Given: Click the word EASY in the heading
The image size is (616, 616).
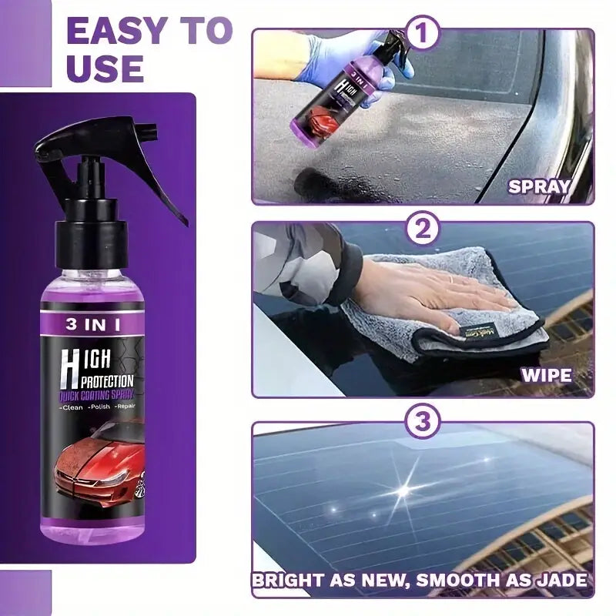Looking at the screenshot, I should [x=115, y=30].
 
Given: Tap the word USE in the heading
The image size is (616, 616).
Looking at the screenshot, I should [x=105, y=69].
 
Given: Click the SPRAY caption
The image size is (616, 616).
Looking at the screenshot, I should [x=538, y=186].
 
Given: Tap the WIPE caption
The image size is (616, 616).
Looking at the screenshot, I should [x=547, y=377].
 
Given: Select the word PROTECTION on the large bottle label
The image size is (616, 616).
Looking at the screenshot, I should [x=107, y=380].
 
